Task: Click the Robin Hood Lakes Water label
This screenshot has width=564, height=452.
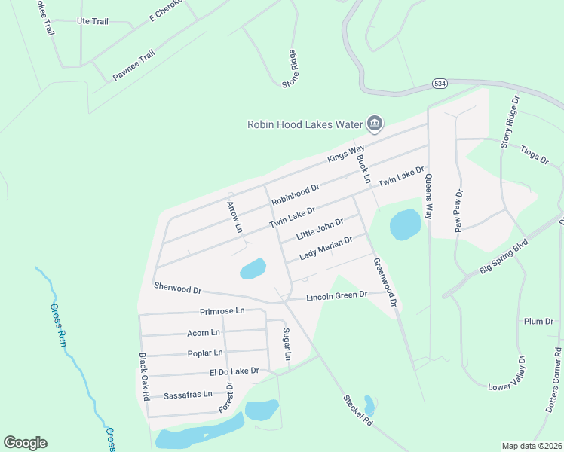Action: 305,124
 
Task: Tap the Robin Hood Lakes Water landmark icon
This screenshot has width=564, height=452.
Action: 374,123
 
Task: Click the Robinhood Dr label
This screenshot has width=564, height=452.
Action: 296,195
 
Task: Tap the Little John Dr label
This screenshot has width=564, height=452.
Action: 320,229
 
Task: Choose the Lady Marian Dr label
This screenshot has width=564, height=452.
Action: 326,249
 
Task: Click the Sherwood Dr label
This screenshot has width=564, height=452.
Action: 177,288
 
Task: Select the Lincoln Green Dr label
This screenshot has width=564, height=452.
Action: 336,296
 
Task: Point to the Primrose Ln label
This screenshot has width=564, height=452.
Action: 222,310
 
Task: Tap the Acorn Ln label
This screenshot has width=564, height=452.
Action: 204,332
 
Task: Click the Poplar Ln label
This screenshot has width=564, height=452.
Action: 205,352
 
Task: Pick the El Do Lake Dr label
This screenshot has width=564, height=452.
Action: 234,371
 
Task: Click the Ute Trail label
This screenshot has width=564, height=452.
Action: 92,21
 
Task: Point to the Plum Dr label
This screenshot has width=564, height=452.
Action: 538,322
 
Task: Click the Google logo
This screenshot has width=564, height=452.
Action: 25,443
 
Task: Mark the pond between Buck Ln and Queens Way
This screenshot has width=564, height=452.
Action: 405,224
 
